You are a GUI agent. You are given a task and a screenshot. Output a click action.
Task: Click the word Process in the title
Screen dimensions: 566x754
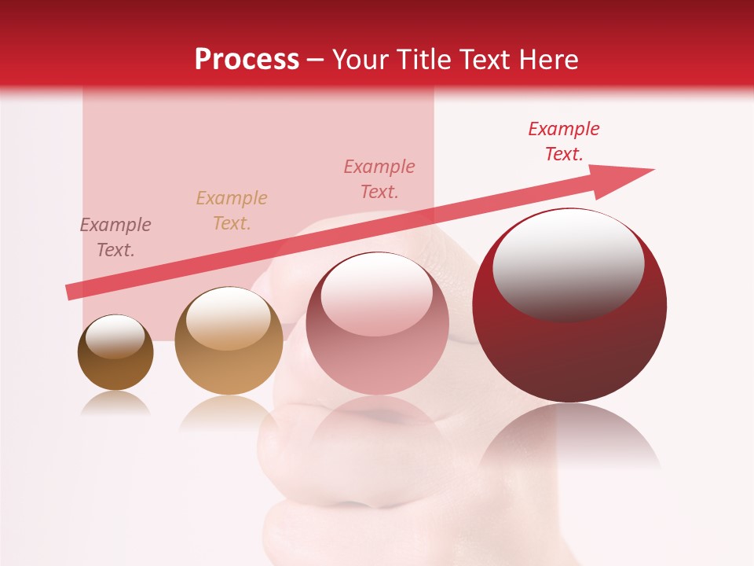click(247, 60)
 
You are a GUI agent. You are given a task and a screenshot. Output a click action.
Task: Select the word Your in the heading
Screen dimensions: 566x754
click(361, 60)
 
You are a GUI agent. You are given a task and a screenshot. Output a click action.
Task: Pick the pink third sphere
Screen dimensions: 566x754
click(377, 323)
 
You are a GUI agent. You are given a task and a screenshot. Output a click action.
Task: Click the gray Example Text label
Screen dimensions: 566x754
click(115, 237)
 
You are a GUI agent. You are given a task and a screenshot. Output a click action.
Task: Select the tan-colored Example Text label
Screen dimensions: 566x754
click(232, 210)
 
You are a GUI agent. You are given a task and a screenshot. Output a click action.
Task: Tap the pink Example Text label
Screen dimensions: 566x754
click(379, 178)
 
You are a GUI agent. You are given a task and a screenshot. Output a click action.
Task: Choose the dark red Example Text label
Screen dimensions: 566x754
click(564, 141)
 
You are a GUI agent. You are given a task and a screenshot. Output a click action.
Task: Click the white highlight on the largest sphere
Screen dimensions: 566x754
click(568, 263)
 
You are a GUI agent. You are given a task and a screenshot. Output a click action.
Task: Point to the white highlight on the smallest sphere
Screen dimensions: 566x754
click(115, 337)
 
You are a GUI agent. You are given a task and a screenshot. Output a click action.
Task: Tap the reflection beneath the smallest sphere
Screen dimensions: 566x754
click(115, 404)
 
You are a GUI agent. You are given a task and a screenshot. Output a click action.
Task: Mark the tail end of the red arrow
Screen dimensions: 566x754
click(71, 292)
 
